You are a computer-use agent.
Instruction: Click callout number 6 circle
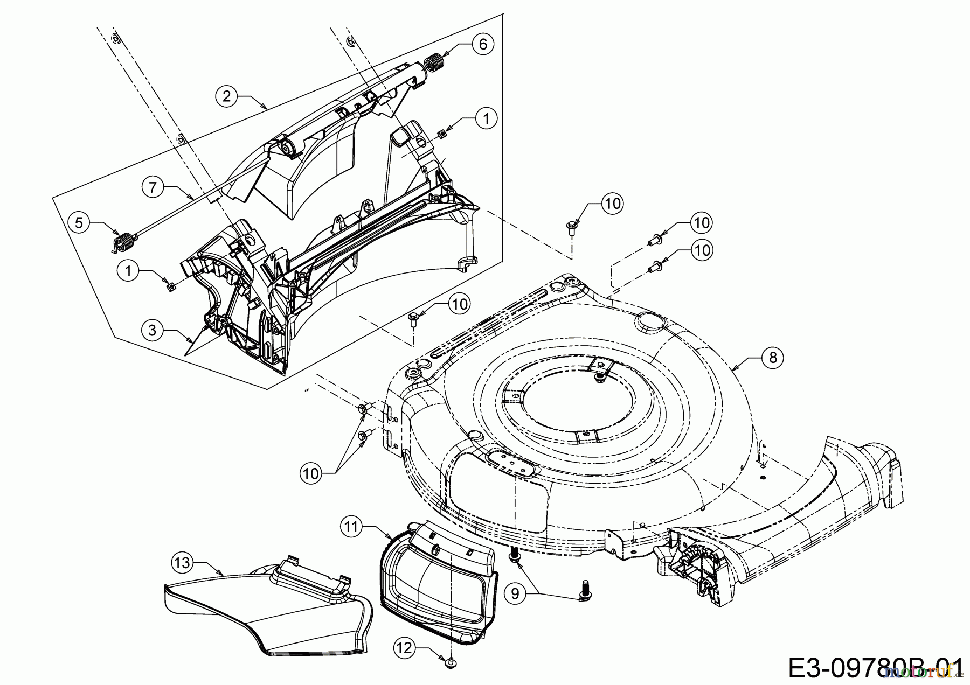pos(483,44)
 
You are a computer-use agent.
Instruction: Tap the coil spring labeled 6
pos(434,63)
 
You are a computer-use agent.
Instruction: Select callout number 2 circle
pos(226,96)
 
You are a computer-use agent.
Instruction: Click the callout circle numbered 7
pos(153,188)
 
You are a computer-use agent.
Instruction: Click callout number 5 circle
pos(79,223)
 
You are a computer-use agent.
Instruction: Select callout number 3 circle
pos(153,330)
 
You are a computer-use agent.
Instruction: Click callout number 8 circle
pos(773,358)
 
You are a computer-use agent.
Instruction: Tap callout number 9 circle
pos(515,593)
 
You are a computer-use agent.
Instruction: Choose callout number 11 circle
pos(351,527)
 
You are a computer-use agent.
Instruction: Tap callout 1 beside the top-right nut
pos(487,118)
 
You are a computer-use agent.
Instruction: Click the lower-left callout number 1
pos(128,271)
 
